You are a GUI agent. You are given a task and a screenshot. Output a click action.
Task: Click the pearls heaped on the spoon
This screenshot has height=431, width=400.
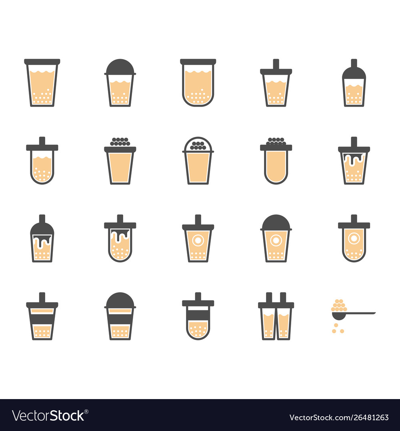click(x=339, y=305)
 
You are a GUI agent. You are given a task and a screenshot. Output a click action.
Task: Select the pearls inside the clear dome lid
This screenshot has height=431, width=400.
click(x=198, y=146)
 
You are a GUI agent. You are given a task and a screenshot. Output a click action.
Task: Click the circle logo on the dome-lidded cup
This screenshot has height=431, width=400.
click(x=276, y=241)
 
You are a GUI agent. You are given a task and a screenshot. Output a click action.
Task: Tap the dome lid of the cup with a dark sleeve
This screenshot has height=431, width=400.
click(x=120, y=300)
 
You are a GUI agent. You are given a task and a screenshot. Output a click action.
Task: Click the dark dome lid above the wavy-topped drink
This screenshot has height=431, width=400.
click(x=120, y=67)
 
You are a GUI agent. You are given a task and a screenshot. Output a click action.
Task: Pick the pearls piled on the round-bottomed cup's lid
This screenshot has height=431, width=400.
click(x=276, y=142)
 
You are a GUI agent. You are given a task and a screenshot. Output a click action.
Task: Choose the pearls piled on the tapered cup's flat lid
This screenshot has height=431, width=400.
click(x=120, y=142)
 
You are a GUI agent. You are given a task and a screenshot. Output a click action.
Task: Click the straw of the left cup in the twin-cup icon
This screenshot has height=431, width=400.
click(x=269, y=297)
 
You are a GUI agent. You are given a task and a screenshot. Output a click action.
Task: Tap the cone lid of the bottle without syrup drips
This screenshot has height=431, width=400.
click(x=354, y=69)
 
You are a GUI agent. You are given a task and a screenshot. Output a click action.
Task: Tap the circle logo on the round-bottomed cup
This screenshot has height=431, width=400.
click(x=354, y=238)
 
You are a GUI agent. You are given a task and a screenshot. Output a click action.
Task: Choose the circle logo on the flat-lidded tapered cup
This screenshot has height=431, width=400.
click(x=198, y=241)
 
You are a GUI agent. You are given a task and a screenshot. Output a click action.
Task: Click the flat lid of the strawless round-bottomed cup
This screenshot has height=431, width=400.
click(x=198, y=61)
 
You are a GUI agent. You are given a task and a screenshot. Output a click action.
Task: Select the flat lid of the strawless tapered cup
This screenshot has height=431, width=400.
click(x=42, y=61)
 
